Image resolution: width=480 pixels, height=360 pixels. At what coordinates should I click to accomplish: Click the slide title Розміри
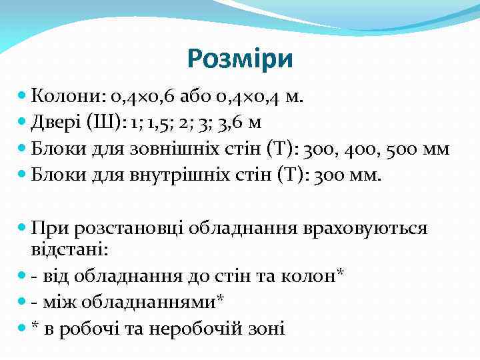pyautogui.click(x=240, y=59)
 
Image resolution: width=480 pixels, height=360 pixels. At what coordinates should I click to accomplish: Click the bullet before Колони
pyautogui.click(x=23, y=98)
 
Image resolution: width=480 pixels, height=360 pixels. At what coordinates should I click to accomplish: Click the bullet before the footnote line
pyautogui.click(x=23, y=328)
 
